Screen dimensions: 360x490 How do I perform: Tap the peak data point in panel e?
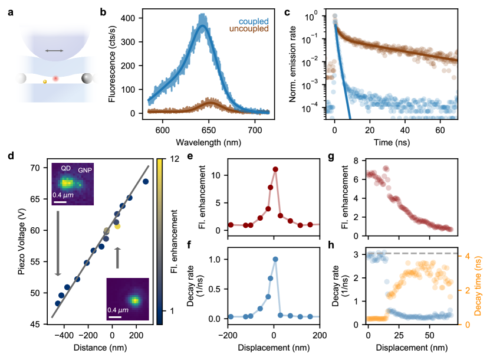click(275, 169)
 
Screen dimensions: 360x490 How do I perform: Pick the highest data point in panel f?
click(275, 259)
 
